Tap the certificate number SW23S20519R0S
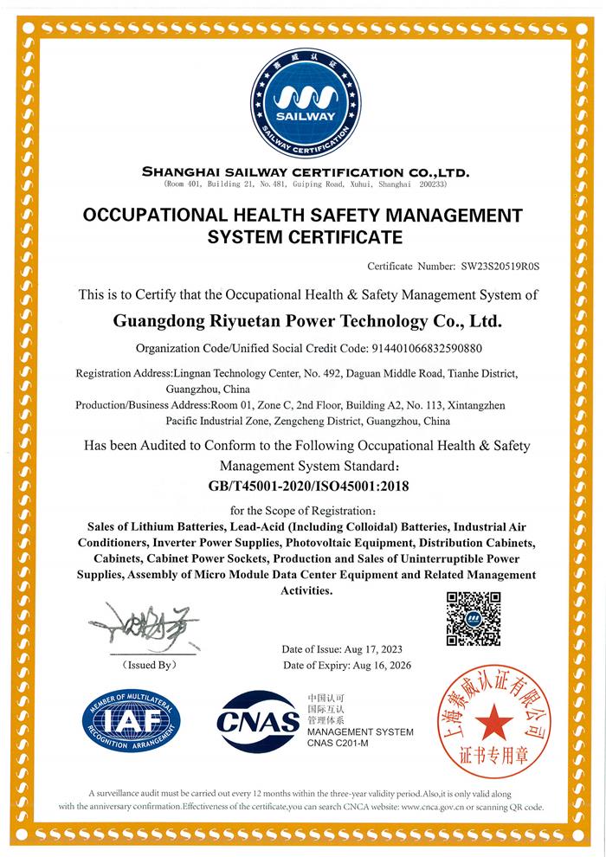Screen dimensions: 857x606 [506, 265]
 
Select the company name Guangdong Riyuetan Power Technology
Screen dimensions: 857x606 [307, 321]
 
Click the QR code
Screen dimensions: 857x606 [474, 618]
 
